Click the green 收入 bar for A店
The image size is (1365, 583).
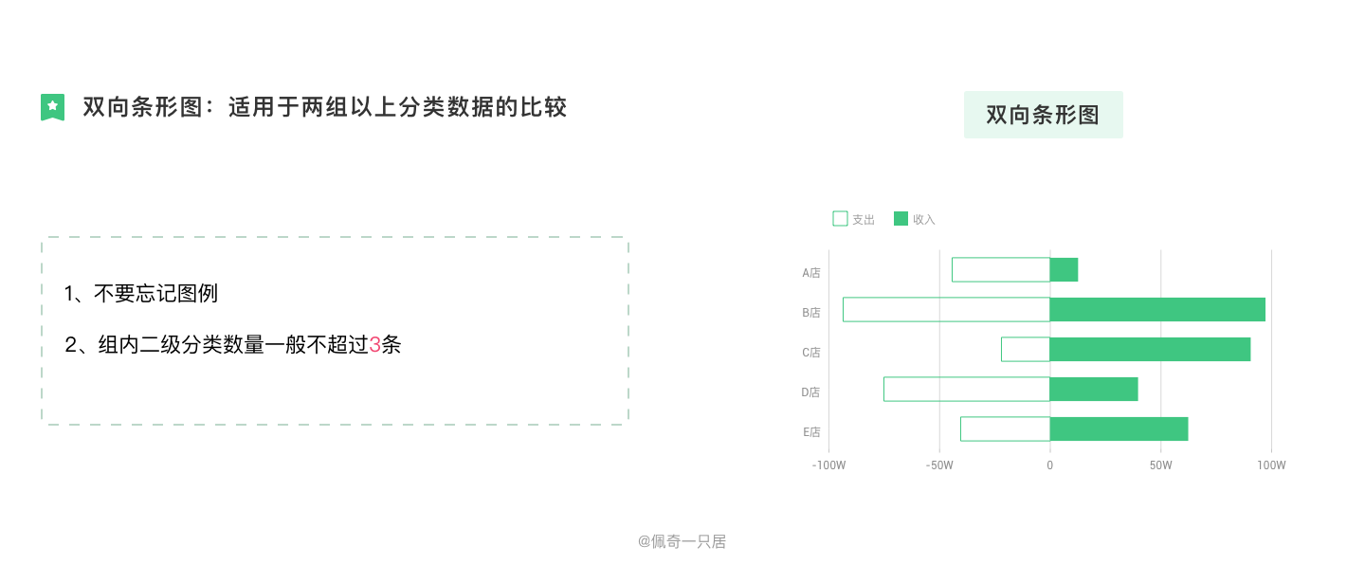(1064, 270)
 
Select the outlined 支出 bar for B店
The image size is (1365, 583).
(946, 310)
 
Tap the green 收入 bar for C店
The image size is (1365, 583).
(1150, 350)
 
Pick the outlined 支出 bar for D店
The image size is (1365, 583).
(967, 390)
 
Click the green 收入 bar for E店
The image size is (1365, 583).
(1119, 429)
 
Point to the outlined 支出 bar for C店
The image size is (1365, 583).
(1026, 350)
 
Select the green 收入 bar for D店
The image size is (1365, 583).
(1094, 390)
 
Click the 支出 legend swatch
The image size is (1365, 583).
(840, 219)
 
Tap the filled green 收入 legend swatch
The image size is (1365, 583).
(901, 219)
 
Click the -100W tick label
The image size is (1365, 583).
(828, 465)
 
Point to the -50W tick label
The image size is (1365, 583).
(939, 465)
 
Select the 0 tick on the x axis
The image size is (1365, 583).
(1049, 465)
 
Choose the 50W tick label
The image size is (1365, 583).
(1161, 465)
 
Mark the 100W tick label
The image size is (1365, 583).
(1271, 465)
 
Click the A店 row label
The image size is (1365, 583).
(811, 273)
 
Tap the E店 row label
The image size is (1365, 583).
(811, 432)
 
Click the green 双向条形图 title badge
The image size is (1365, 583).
(1043, 115)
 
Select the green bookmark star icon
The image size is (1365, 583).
(52, 107)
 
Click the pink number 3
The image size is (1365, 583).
(374, 345)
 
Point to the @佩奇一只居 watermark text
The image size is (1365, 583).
(682, 542)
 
